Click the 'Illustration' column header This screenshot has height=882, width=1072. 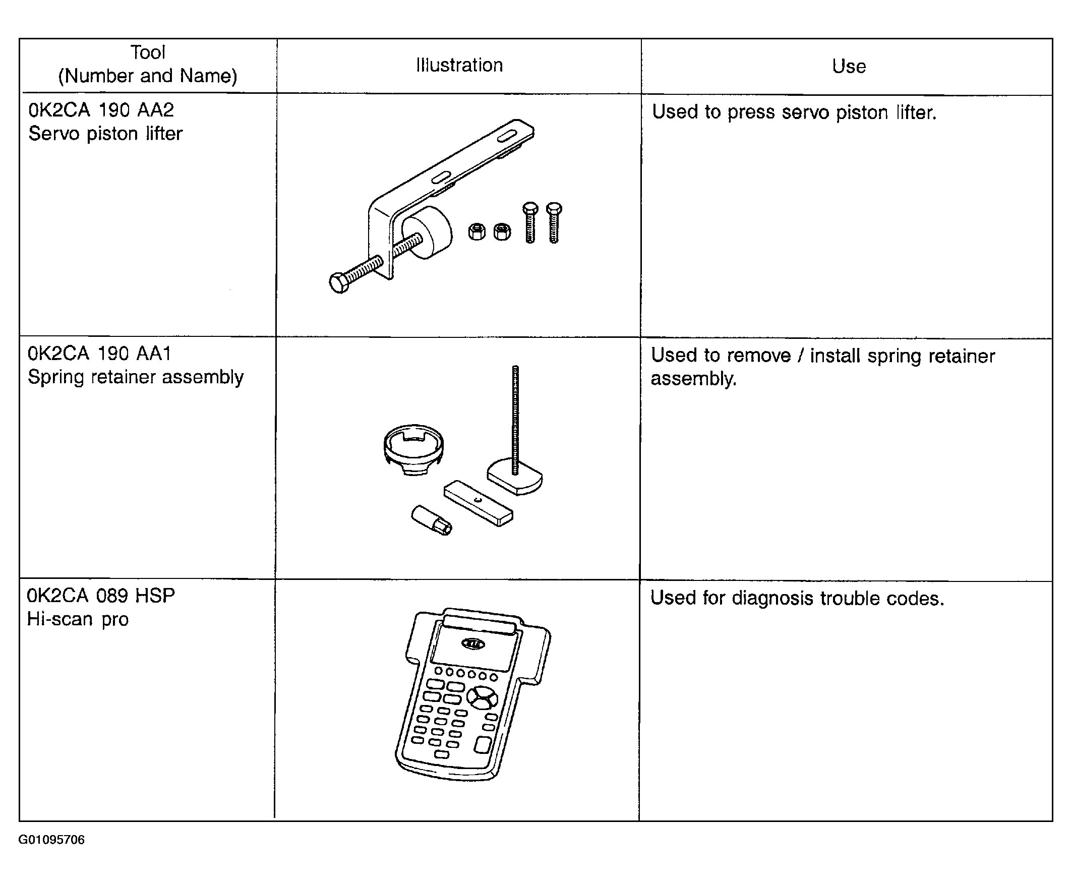point(459,65)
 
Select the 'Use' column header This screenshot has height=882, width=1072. point(849,66)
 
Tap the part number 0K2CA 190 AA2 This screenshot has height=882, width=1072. point(101,110)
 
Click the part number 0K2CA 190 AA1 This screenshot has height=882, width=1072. point(99,353)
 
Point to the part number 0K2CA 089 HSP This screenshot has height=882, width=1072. point(101,596)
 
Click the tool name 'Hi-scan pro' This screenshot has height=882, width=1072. point(78,619)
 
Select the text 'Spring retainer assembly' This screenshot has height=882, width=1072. point(136,377)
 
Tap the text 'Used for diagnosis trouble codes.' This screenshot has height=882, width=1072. point(797,598)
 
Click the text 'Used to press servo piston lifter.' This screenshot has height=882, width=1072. point(794,112)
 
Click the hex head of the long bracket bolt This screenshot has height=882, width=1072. point(339,283)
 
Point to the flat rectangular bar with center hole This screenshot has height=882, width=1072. point(478,503)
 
